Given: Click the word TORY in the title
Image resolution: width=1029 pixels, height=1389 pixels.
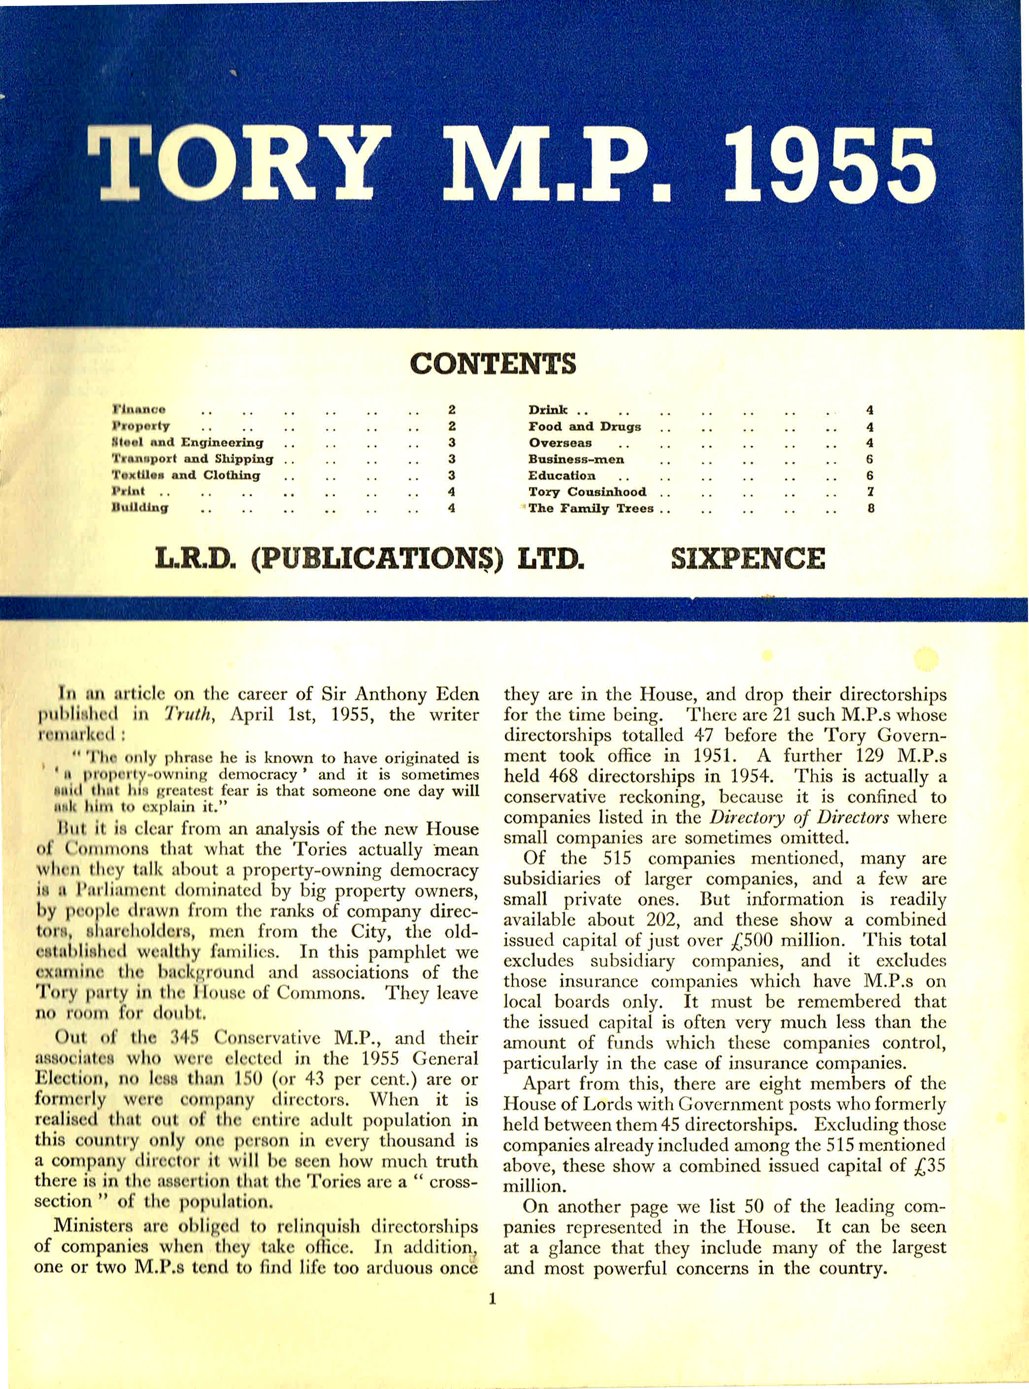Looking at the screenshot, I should tap(239, 163).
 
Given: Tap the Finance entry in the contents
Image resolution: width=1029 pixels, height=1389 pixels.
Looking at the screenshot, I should tap(139, 410).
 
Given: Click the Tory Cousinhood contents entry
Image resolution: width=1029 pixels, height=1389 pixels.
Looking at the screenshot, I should tap(587, 492).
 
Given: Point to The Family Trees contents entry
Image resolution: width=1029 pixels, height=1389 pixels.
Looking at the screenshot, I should tap(591, 508).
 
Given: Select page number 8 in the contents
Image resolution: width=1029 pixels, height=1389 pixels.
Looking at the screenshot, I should tap(871, 508).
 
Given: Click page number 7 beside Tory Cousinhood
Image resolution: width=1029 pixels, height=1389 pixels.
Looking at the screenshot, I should tap(871, 492).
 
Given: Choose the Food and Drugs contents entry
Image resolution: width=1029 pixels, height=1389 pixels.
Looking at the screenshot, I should tap(584, 427).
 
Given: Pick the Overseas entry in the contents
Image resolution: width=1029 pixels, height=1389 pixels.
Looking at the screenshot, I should tap(560, 443).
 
